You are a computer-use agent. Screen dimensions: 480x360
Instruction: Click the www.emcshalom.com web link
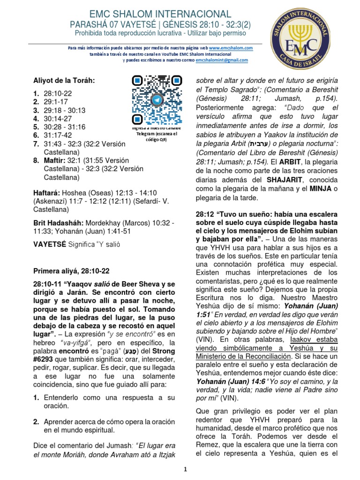pos(231,48)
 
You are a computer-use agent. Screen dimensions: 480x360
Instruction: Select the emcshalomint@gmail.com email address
pos(222,60)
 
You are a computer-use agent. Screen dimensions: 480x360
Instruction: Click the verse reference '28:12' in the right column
pos(205,214)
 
